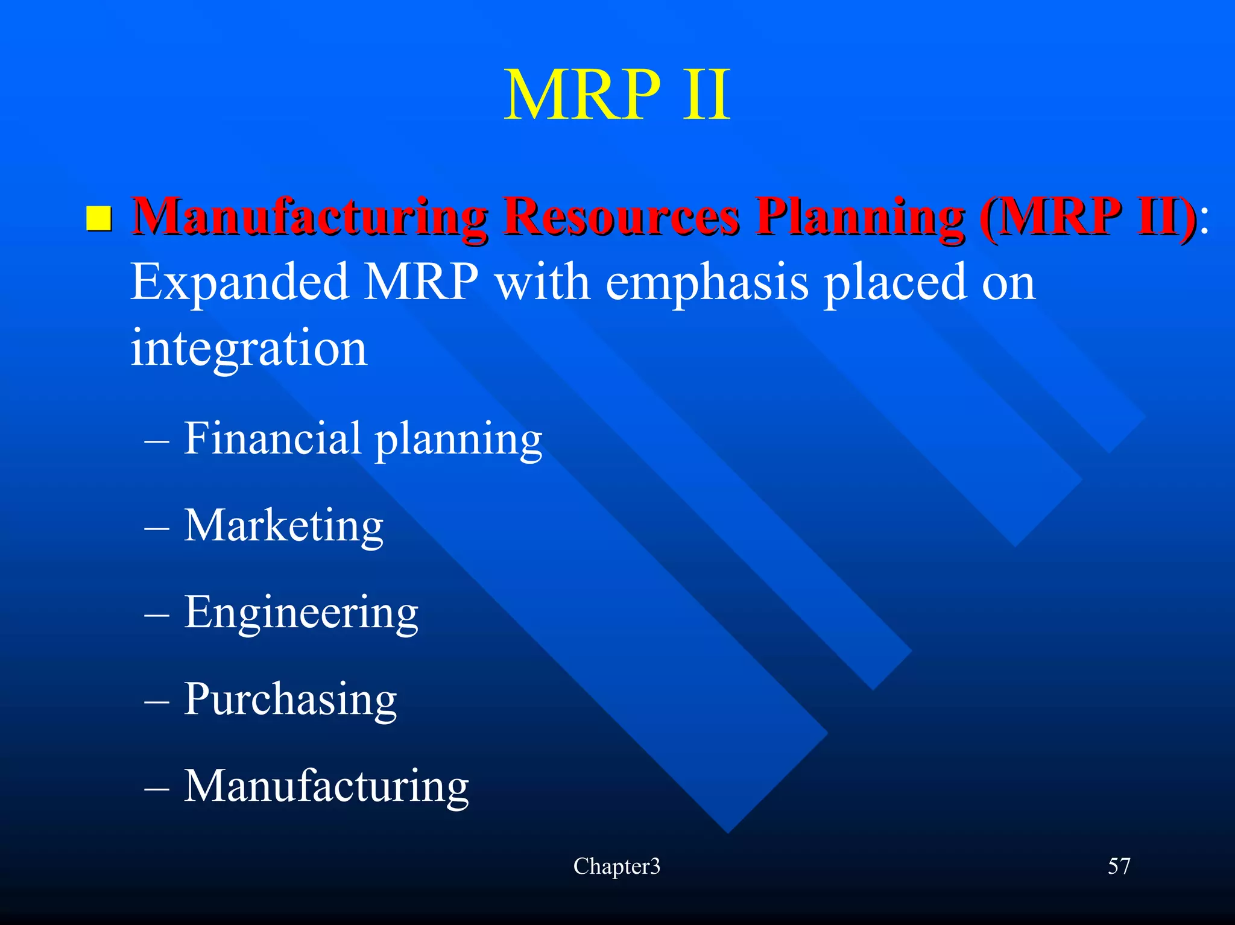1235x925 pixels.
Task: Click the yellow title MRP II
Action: pyautogui.click(x=617, y=95)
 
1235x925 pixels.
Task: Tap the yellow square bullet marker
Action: pyautogui.click(x=98, y=219)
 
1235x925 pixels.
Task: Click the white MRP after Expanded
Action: pyautogui.click(x=422, y=282)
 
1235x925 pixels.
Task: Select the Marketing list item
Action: pyautogui.click(x=283, y=526)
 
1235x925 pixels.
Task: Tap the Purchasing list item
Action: pyautogui.click(x=290, y=700)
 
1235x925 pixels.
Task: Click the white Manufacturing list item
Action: pyautogui.click(x=326, y=786)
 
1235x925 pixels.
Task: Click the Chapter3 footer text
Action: pyautogui.click(x=616, y=867)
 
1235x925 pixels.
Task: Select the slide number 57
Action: pyautogui.click(x=1119, y=867)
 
